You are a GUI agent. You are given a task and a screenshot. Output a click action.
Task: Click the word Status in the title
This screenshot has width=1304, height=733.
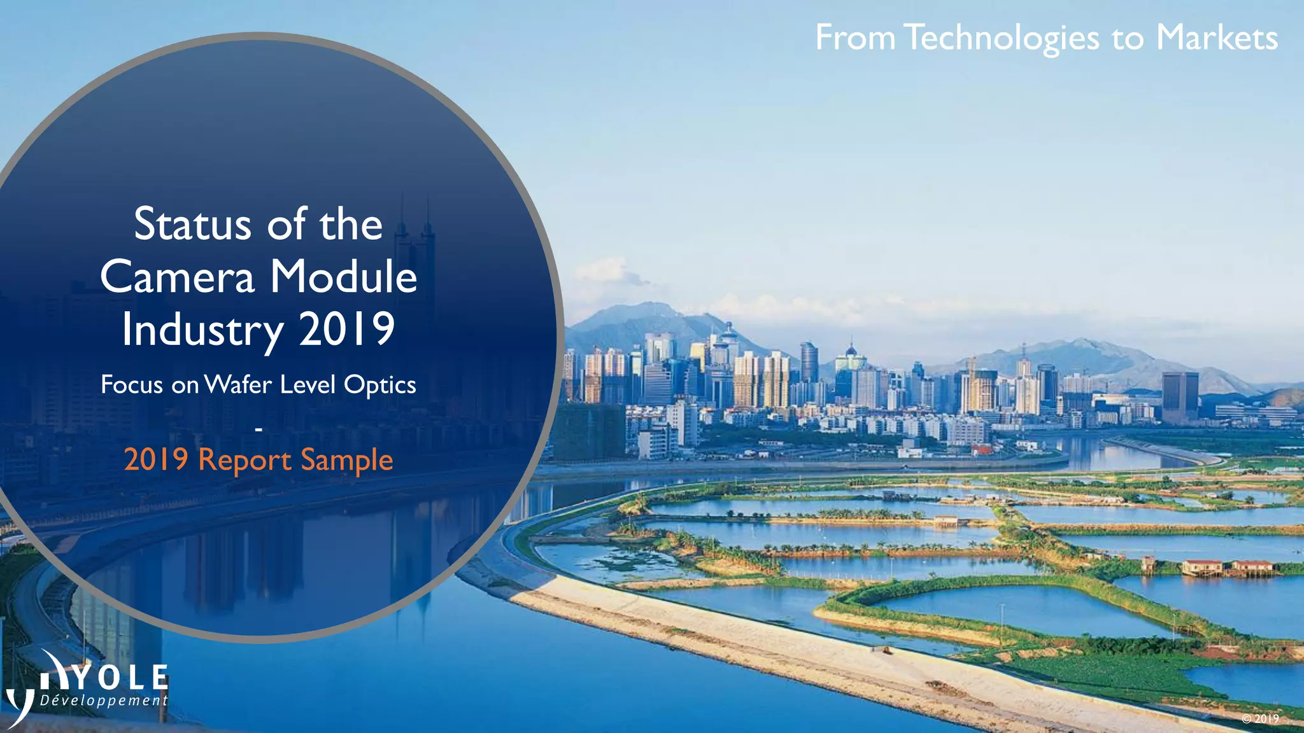click(x=192, y=225)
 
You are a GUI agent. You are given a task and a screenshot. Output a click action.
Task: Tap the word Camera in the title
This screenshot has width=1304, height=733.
click(x=177, y=277)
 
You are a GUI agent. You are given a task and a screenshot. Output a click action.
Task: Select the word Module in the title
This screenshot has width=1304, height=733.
click(x=344, y=277)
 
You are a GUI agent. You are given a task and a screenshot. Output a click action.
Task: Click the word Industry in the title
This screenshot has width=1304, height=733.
click(x=202, y=330)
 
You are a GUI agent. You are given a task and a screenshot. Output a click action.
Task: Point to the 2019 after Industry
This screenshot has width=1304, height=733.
click(x=347, y=330)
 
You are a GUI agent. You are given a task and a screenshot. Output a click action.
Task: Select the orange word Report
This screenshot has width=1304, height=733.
click(x=245, y=460)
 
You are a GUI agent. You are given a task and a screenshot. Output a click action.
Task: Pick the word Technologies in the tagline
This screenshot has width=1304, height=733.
click(x=1002, y=38)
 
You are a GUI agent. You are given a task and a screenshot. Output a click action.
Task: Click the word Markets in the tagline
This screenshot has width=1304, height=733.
click(x=1216, y=38)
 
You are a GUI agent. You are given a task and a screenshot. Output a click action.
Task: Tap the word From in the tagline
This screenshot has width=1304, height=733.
click(x=855, y=38)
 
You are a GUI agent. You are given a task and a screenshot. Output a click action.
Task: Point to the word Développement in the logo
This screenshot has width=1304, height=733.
click(x=104, y=701)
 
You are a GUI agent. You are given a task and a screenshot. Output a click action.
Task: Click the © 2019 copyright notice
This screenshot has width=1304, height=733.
click(x=1260, y=718)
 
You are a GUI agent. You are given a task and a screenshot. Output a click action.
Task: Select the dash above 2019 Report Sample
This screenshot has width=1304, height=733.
click(x=259, y=431)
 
